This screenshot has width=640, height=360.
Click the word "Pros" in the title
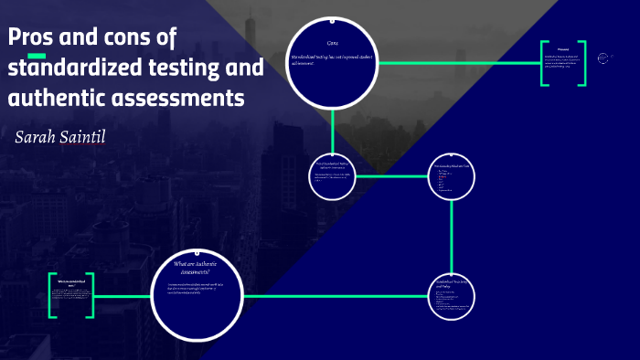31,38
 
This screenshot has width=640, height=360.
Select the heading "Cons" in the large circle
333,44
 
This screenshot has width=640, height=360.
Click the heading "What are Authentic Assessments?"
197,267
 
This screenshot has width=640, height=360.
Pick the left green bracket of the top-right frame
544,63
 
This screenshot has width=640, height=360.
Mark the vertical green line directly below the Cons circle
334,127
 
